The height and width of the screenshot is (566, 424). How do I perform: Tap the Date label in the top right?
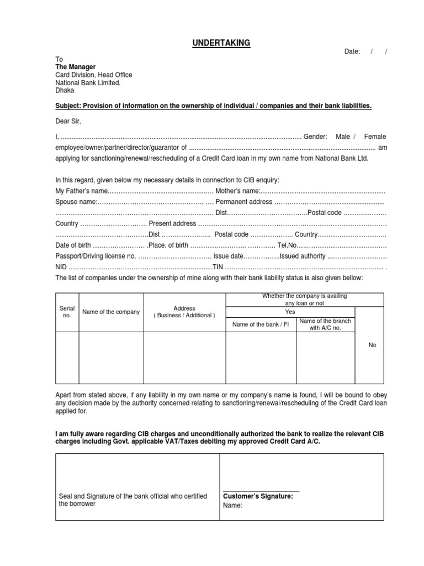[352, 51]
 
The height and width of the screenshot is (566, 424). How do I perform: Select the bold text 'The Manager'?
[75, 67]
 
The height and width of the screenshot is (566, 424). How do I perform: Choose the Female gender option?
[375, 137]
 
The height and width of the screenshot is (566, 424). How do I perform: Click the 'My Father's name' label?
[80, 191]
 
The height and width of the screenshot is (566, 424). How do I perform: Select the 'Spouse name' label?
[76, 202]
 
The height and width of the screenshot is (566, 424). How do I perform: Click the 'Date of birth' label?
[73, 245]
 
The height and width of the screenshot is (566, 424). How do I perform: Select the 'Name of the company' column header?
[111, 312]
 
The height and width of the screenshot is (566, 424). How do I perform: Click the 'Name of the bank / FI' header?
[261, 324]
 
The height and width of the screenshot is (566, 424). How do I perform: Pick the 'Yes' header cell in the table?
[290, 312]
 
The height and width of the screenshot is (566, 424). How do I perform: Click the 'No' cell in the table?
[372, 345]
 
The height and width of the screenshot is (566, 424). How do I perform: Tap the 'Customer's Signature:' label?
[258, 496]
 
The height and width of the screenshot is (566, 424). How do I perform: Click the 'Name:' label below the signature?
[232, 505]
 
